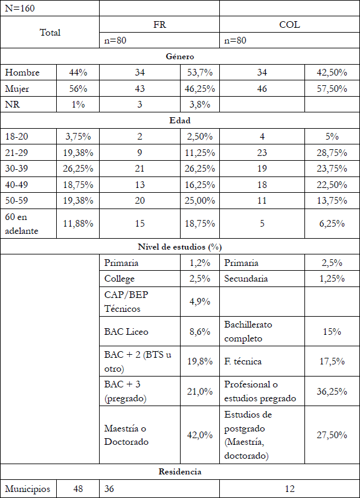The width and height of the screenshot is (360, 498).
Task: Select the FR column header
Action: point(159,25)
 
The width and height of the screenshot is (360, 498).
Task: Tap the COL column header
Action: point(289,25)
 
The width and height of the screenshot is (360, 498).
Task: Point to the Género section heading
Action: point(179,57)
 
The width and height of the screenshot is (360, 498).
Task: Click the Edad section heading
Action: point(179,120)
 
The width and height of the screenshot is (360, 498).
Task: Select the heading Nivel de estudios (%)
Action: point(179,247)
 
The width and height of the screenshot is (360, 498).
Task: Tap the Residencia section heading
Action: point(179,471)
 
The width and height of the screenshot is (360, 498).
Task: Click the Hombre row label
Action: point(22,73)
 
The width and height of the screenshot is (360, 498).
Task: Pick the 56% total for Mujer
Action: point(78,88)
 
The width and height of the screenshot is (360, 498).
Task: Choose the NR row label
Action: point(12,104)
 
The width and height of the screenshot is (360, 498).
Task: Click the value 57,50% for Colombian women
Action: point(332,88)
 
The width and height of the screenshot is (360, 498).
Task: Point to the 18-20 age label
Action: point(18,136)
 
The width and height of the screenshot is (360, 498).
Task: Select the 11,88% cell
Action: point(78,224)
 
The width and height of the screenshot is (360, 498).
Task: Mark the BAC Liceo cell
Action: point(126,331)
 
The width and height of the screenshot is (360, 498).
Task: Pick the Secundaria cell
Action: point(247,279)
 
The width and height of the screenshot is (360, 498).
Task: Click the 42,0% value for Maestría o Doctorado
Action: point(199,435)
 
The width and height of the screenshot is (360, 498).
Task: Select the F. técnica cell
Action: point(242,361)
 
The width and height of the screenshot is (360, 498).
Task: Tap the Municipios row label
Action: point(28,488)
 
